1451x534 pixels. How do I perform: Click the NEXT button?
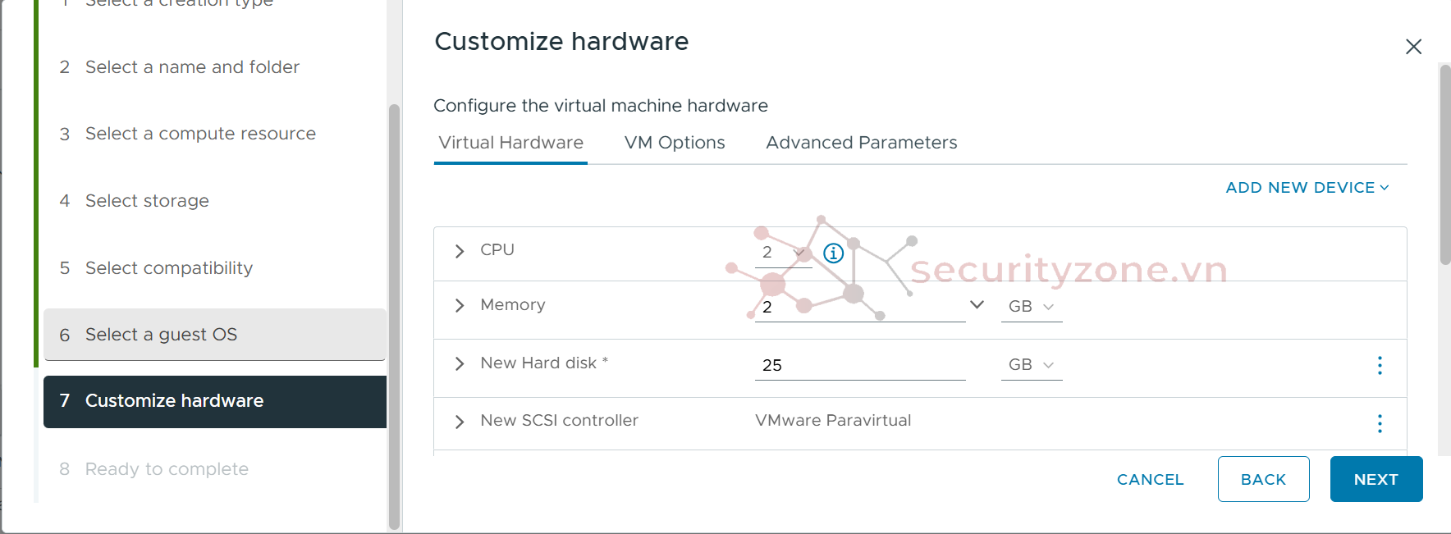click(x=1375, y=479)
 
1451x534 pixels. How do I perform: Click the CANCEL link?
click(x=1150, y=479)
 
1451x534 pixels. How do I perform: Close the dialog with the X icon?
click(x=1412, y=47)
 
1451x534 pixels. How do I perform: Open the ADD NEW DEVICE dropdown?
click(x=1307, y=188)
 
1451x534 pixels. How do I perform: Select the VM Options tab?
click(x=674, y=143)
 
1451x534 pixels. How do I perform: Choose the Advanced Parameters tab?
click(x=861, y=143)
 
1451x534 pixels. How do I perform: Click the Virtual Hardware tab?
click(x=510, y=143)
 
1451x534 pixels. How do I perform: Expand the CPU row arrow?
click(x=460, y=251)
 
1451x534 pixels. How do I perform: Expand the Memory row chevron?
click(x=460, y=306)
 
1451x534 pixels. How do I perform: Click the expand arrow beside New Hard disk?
click(x=460, y=363)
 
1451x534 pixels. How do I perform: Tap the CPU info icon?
click(x=833, y=253)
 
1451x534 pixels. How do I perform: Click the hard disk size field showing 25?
click(x=858, y=365)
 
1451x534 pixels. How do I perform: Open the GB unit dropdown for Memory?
click(x=1031, y=307)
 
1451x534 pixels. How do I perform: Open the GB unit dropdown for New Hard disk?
click(x=1031, y=365)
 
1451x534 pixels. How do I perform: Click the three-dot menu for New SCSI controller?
click(x=1380, y=423)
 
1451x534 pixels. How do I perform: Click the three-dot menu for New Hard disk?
click(x=1380, y=365)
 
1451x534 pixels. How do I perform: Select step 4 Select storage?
click(x=147, y=201)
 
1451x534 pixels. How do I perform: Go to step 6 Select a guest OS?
click(x=161, y=335)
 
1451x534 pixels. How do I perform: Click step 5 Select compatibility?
click(x=168, y=268)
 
